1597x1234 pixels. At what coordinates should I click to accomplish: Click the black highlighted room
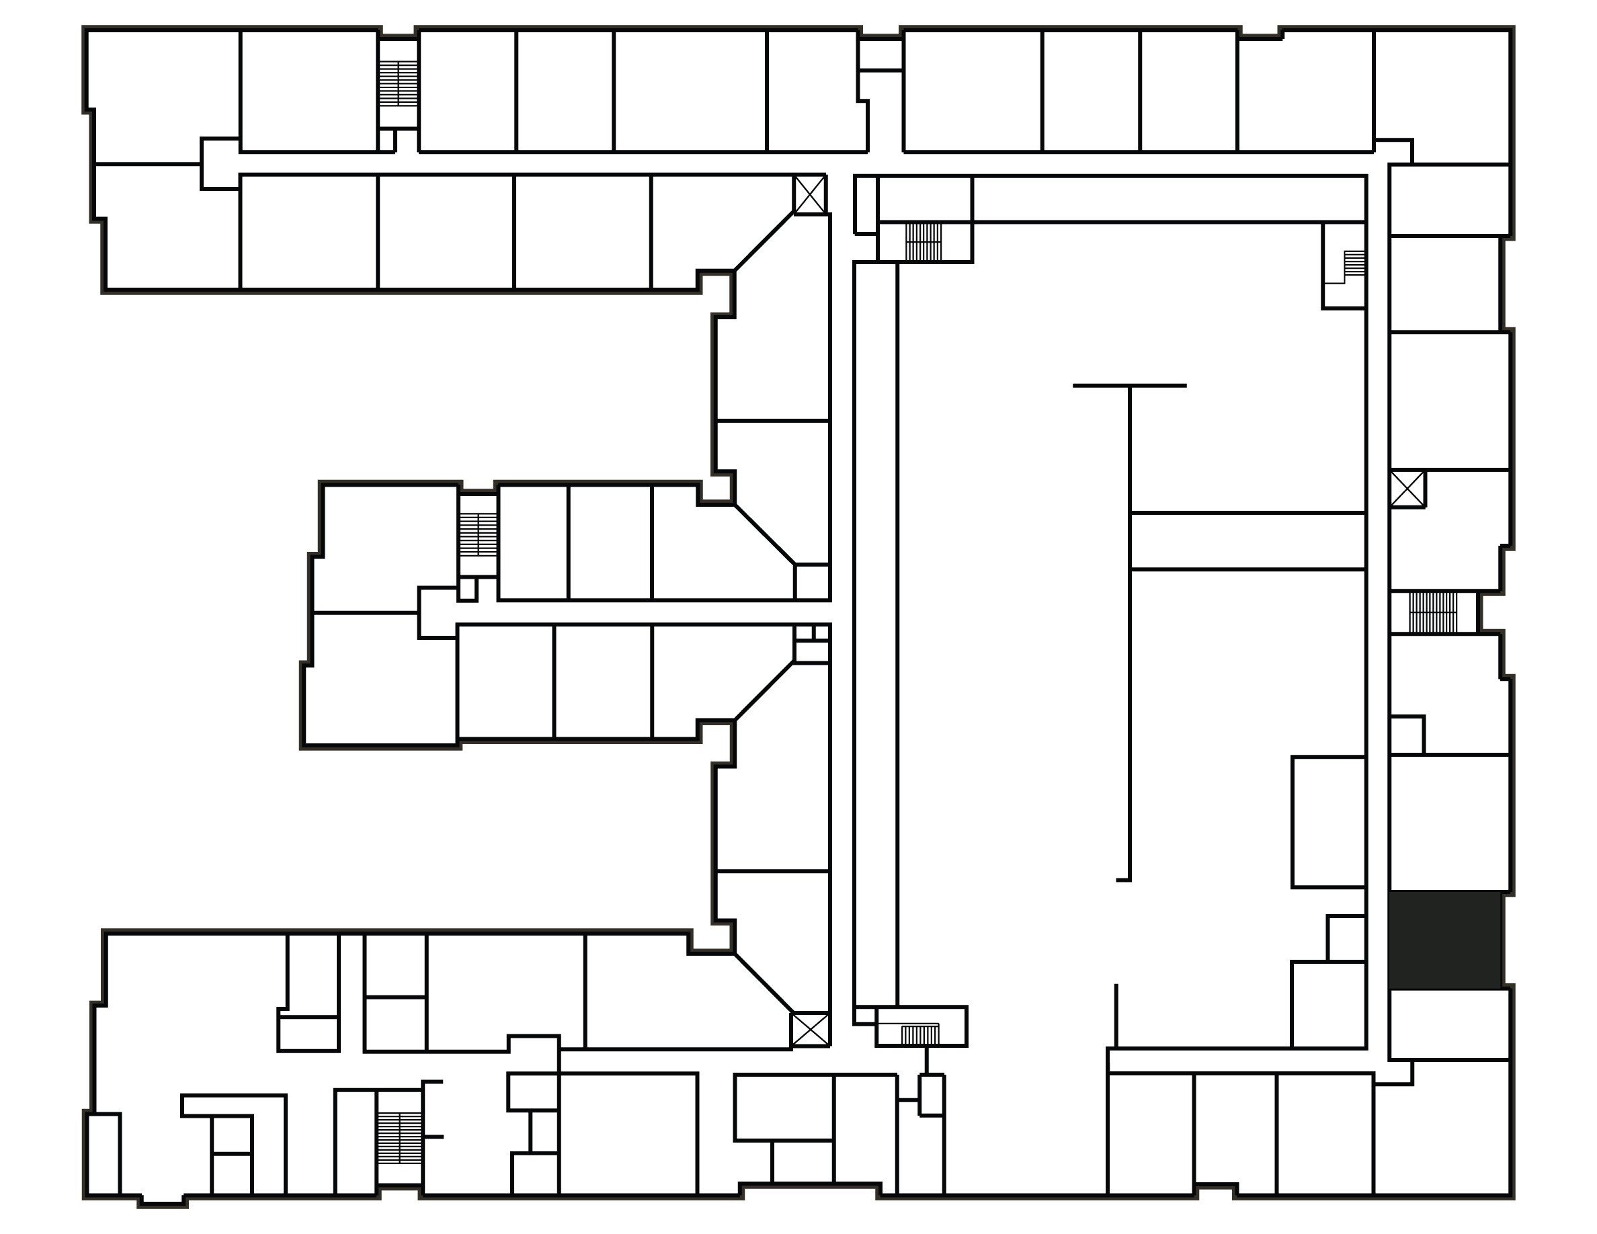pos(1446,940)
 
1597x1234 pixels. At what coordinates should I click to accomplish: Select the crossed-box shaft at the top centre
pos(810,194)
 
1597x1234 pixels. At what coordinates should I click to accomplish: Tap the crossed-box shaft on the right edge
pos(1407,489)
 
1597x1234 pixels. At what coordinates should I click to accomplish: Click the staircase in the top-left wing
pos(399,83)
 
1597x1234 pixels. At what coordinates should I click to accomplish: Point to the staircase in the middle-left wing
pos(478,534)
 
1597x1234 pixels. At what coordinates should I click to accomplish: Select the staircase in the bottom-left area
pos(399,1139)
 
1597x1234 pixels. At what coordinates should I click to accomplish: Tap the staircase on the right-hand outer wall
pos(1432,612)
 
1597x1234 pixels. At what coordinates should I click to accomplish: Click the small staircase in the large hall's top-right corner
pos(1354,263)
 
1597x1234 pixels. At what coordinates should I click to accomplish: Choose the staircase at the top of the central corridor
pos(924,242)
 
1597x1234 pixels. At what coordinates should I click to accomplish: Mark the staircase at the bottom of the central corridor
pos(920,1034)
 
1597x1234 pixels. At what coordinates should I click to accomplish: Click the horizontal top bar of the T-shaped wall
pos(1129,385)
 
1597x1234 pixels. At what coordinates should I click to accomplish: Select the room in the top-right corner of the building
pos(1442,95)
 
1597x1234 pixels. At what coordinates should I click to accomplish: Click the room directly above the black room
pos(1448,823)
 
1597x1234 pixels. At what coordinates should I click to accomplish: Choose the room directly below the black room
pos(1449,1024)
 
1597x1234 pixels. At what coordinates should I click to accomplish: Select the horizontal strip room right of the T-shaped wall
pos(1247,541)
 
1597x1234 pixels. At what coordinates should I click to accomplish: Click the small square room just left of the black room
pos(1346,938)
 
